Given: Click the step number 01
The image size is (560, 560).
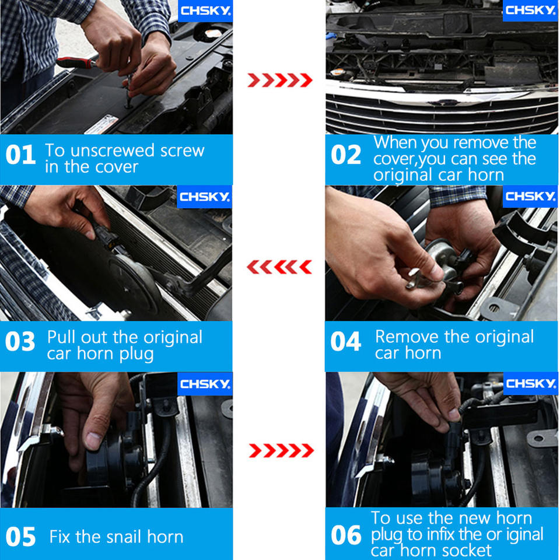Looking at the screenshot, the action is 21,155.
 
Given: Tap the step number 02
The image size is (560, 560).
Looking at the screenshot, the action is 346,155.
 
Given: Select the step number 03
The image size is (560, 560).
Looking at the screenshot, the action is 20,341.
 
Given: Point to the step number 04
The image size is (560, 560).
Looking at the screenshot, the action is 345,341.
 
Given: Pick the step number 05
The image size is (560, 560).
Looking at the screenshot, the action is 21,537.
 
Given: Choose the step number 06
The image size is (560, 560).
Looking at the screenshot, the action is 346,535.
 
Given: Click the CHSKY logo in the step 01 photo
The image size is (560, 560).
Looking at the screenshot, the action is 205,10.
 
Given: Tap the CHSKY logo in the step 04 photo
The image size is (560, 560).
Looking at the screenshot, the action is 530,196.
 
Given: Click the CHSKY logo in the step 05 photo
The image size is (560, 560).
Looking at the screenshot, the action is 205,384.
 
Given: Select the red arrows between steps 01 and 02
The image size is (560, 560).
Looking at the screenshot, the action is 280,80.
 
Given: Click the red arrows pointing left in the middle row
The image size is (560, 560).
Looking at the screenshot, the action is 279,267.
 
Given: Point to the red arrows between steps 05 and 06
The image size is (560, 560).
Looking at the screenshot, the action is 281,450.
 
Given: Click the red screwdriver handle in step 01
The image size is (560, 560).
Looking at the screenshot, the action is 75,63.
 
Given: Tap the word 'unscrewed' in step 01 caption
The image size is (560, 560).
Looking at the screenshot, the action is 113,150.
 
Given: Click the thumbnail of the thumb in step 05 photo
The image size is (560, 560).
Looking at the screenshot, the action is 93,441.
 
